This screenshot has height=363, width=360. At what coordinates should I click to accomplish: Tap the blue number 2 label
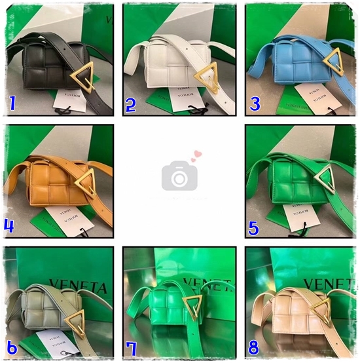131,104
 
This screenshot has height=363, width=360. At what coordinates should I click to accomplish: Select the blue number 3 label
255,104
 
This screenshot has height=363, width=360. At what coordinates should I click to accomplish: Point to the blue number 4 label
10,226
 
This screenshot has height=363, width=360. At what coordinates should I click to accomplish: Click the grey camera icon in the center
179,176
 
